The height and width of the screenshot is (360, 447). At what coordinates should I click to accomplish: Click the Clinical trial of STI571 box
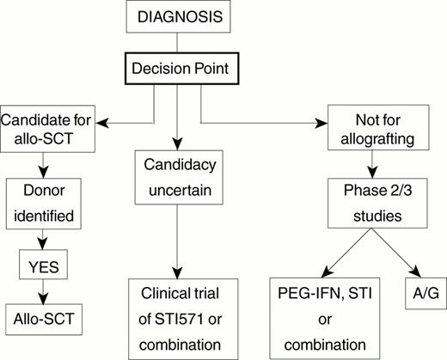pos(176,319)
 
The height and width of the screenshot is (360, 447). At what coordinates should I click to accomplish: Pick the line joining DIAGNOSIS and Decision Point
pos(176,42)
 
